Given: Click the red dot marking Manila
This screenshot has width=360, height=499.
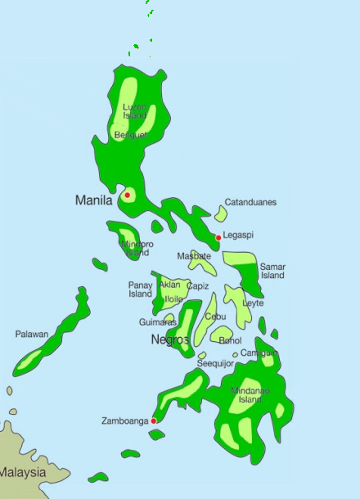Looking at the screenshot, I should tap(128, 195).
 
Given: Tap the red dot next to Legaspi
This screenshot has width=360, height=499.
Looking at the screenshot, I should tap(218, 237).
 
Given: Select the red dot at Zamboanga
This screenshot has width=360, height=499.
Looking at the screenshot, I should tap(154, 420).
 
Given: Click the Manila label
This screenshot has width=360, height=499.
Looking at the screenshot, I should tap(93, 200).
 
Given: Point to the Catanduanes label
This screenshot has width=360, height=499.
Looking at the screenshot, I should tap(250, 202).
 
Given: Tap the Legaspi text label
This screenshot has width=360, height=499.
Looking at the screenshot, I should tap(238, 235).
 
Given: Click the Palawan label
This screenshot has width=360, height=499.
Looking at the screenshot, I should tap(32, 334).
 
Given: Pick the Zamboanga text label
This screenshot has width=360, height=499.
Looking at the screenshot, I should tap(125, 421).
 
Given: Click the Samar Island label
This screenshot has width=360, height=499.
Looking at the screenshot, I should tap(272, 271).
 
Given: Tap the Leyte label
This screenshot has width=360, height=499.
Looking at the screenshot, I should tap(254, 303).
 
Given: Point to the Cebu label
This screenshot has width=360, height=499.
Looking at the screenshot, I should tap(215, 316).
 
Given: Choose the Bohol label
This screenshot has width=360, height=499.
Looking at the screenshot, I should tap(231, 340).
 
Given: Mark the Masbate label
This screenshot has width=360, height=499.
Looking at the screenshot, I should tap(194, 256).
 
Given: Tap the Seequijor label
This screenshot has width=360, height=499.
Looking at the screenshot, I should tap(216, 363).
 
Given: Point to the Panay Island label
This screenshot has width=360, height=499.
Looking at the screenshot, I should tap(141, 290).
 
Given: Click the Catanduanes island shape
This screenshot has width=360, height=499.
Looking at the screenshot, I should tap(221, 214).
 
